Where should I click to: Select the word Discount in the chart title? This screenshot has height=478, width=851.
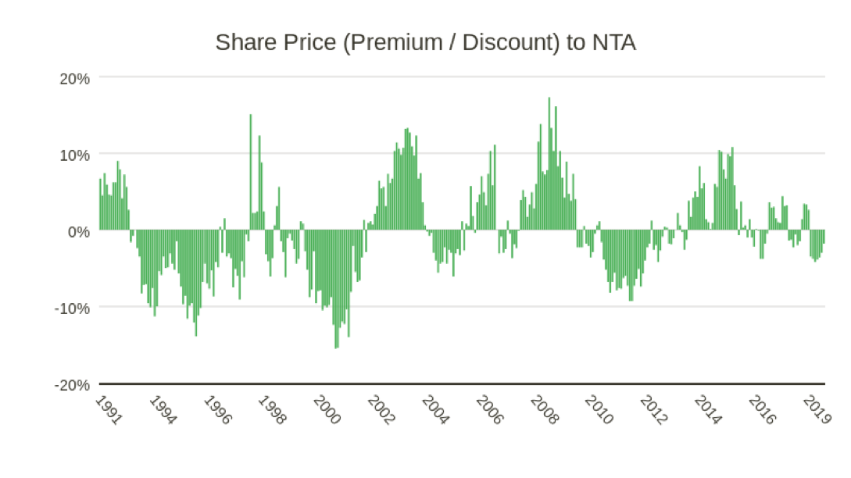click(506, 42)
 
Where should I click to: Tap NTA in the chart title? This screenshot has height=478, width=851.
click(613, 42)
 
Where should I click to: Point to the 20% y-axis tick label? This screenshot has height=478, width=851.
click(74, 78)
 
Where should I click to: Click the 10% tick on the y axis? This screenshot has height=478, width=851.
click(74, 155)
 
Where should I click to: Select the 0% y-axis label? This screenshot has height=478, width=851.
click(78, 231)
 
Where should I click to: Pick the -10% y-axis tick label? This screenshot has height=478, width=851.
click(72, 308)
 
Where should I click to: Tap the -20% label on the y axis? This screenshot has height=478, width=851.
click(72, 384)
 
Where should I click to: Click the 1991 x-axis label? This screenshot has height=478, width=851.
click(109, 409)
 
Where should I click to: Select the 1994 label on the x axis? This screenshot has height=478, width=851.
click(163, 409)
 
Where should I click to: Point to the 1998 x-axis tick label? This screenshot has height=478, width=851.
click(272, 409)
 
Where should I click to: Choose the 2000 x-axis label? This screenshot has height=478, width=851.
click(327, 409)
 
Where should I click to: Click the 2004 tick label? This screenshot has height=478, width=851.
click(435, 409)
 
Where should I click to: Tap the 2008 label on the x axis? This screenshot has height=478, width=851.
click(544, 409)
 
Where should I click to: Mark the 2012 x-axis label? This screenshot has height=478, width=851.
click(653, 409)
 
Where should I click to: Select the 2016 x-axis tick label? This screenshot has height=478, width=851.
click(761, 409)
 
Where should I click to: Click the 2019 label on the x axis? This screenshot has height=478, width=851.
click(816, 409)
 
